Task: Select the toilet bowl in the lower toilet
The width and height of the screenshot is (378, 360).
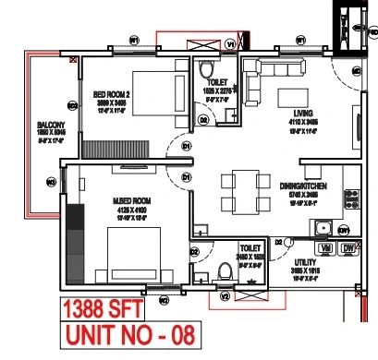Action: click(222, 270)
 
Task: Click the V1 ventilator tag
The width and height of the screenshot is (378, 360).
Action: click(231, 43)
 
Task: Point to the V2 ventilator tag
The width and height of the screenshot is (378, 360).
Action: click(226, 295)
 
